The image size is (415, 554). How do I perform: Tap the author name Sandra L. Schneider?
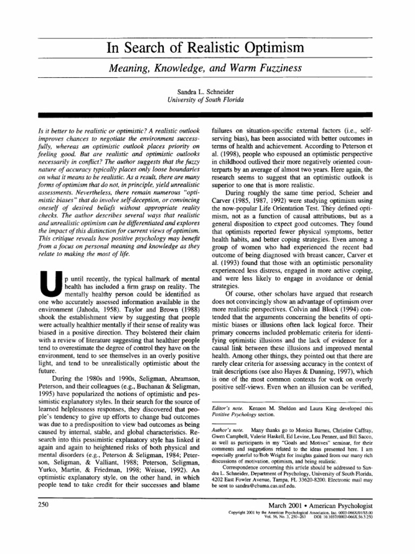coord(207,92)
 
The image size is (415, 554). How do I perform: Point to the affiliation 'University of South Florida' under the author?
coord(207,100)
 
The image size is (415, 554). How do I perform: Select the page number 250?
coord(44,518)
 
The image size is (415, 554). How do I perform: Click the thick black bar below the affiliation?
coord(207,115)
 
